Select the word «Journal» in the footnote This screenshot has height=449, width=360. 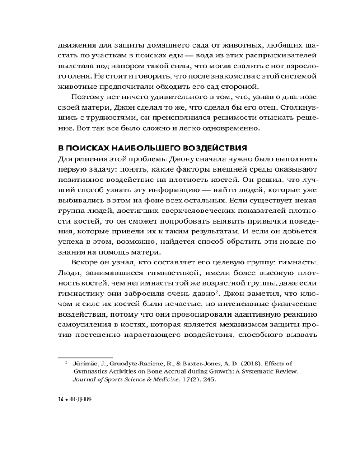[85, 379]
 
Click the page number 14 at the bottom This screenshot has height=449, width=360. [61, 400]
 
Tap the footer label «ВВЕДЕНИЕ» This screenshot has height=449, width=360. [81, 400]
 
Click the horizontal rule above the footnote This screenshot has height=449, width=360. [85, 353]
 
